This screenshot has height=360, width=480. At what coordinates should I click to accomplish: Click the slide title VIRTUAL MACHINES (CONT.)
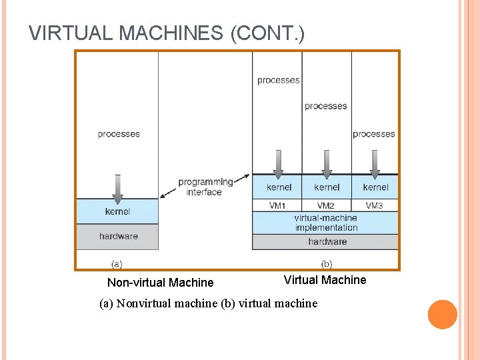coord(167,33)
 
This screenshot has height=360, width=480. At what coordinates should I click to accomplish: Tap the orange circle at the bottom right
coord(442,315)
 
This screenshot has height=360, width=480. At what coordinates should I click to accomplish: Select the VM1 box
coord(277,205)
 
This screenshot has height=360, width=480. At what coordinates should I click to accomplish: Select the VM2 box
coord(326,205)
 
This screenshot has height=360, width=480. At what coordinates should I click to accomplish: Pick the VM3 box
coord(375,205)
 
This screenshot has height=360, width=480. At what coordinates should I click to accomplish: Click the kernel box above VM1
coord(277,187)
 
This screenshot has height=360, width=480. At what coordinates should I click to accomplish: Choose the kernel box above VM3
coord(375,187)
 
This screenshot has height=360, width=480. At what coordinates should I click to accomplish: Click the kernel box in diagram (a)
coord(117,211)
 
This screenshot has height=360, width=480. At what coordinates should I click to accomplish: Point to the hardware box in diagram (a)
coord(117,236)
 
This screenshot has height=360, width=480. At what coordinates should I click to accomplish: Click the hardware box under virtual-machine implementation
coord(326,241)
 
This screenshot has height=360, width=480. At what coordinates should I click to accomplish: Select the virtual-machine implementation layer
coord(326,223)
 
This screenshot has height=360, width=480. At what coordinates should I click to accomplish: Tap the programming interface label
coord(205,187)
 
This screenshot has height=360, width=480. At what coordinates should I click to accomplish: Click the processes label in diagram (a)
coord(118,134)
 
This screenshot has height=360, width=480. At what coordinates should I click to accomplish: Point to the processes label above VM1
coord(278,81)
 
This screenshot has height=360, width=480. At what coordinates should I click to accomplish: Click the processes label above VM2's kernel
coord(325,106)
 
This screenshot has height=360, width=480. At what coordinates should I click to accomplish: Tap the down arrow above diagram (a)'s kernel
coord(117,189)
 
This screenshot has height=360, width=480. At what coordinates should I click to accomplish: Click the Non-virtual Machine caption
coord(160,283)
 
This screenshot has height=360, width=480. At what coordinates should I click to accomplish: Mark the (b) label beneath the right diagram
coord(326,264)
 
